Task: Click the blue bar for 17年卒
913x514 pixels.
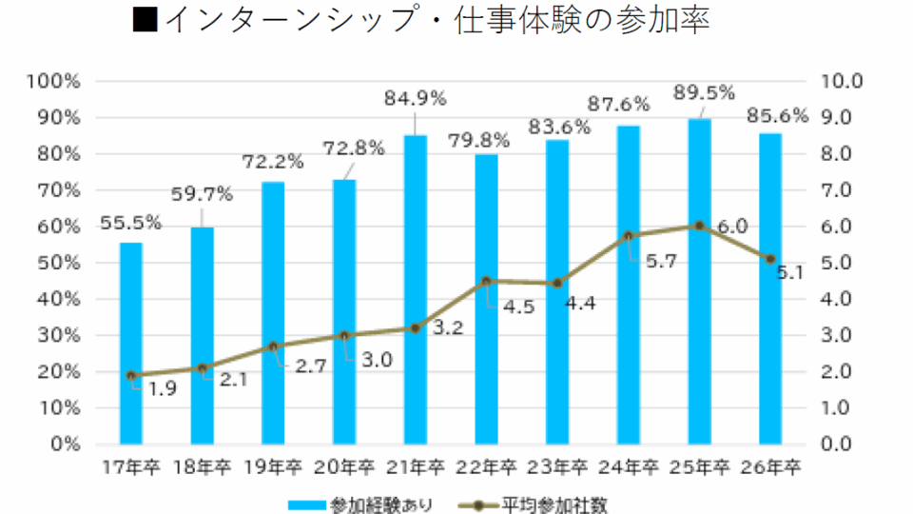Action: pos(131,343)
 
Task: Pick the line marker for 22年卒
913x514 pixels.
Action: pos(487,281)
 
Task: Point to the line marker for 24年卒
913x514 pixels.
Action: pos(629,235)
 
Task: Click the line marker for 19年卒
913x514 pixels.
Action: pos(273,346)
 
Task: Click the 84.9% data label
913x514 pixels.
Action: pos(415,97)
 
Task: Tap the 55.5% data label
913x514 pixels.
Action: pos(130,223)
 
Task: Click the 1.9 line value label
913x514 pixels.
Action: pos(162,389)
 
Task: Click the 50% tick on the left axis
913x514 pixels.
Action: pos(59,263)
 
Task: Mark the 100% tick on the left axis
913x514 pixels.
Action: pos(55,81)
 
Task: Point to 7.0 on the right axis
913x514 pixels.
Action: pos(840,190)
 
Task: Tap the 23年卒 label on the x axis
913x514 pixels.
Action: pos(557,467)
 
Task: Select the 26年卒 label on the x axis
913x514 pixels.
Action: pos(771,467)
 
